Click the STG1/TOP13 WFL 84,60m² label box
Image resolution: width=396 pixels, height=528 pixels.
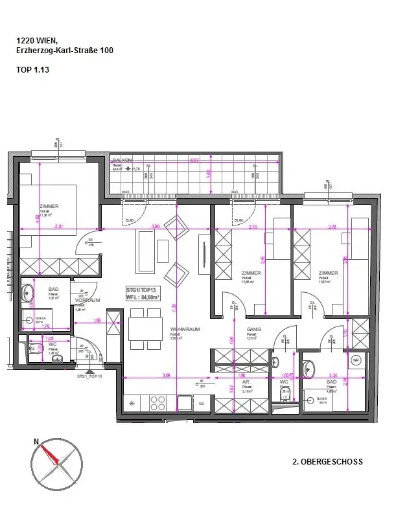pyautogui.click(x=145, y=293)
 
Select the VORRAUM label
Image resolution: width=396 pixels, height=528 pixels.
pyautogui.click(x=86, y=301)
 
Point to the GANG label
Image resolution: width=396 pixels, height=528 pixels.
pyautogui.click(x=253, y=329)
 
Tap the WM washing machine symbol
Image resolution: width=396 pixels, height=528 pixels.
pyautogui.click(x=355, y=360)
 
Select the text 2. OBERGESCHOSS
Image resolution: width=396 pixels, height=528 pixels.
pyautogui.click(x=327, y=462)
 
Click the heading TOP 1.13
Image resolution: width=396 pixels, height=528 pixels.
pyautogui.click(x=32, y=67)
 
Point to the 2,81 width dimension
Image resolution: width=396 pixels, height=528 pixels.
pyautogui.click(x=59, y=226)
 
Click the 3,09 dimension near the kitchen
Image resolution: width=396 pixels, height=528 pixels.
pyautogui.click(x=165, y=375)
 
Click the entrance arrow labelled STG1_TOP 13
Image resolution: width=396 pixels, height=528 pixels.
pyautogui.click(x=90, y=376)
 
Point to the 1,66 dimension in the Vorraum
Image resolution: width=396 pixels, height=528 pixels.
pyautogui.click(x=97, y=320)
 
